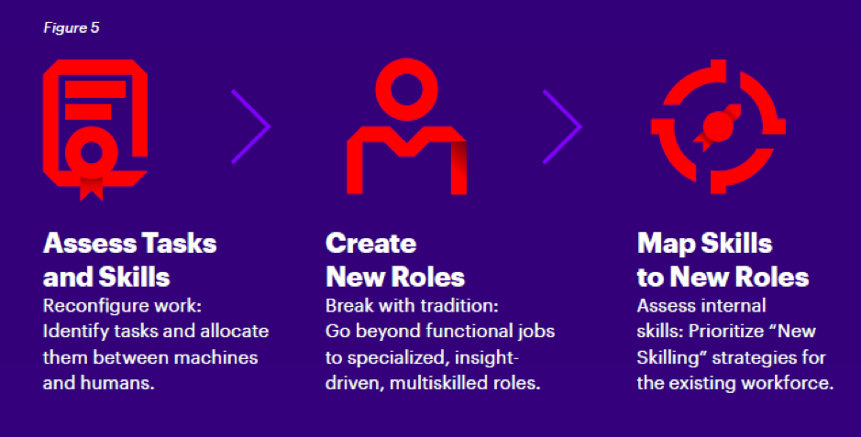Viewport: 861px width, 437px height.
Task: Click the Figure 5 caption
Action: (x=72, y=27)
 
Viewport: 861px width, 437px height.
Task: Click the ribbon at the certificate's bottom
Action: (x=91, y=188)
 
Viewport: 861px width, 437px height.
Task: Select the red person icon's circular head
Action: (x=407, y=90)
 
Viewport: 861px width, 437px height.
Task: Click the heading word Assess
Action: (x=90, y=243)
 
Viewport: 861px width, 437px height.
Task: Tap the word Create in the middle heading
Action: (x=370, y=243)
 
